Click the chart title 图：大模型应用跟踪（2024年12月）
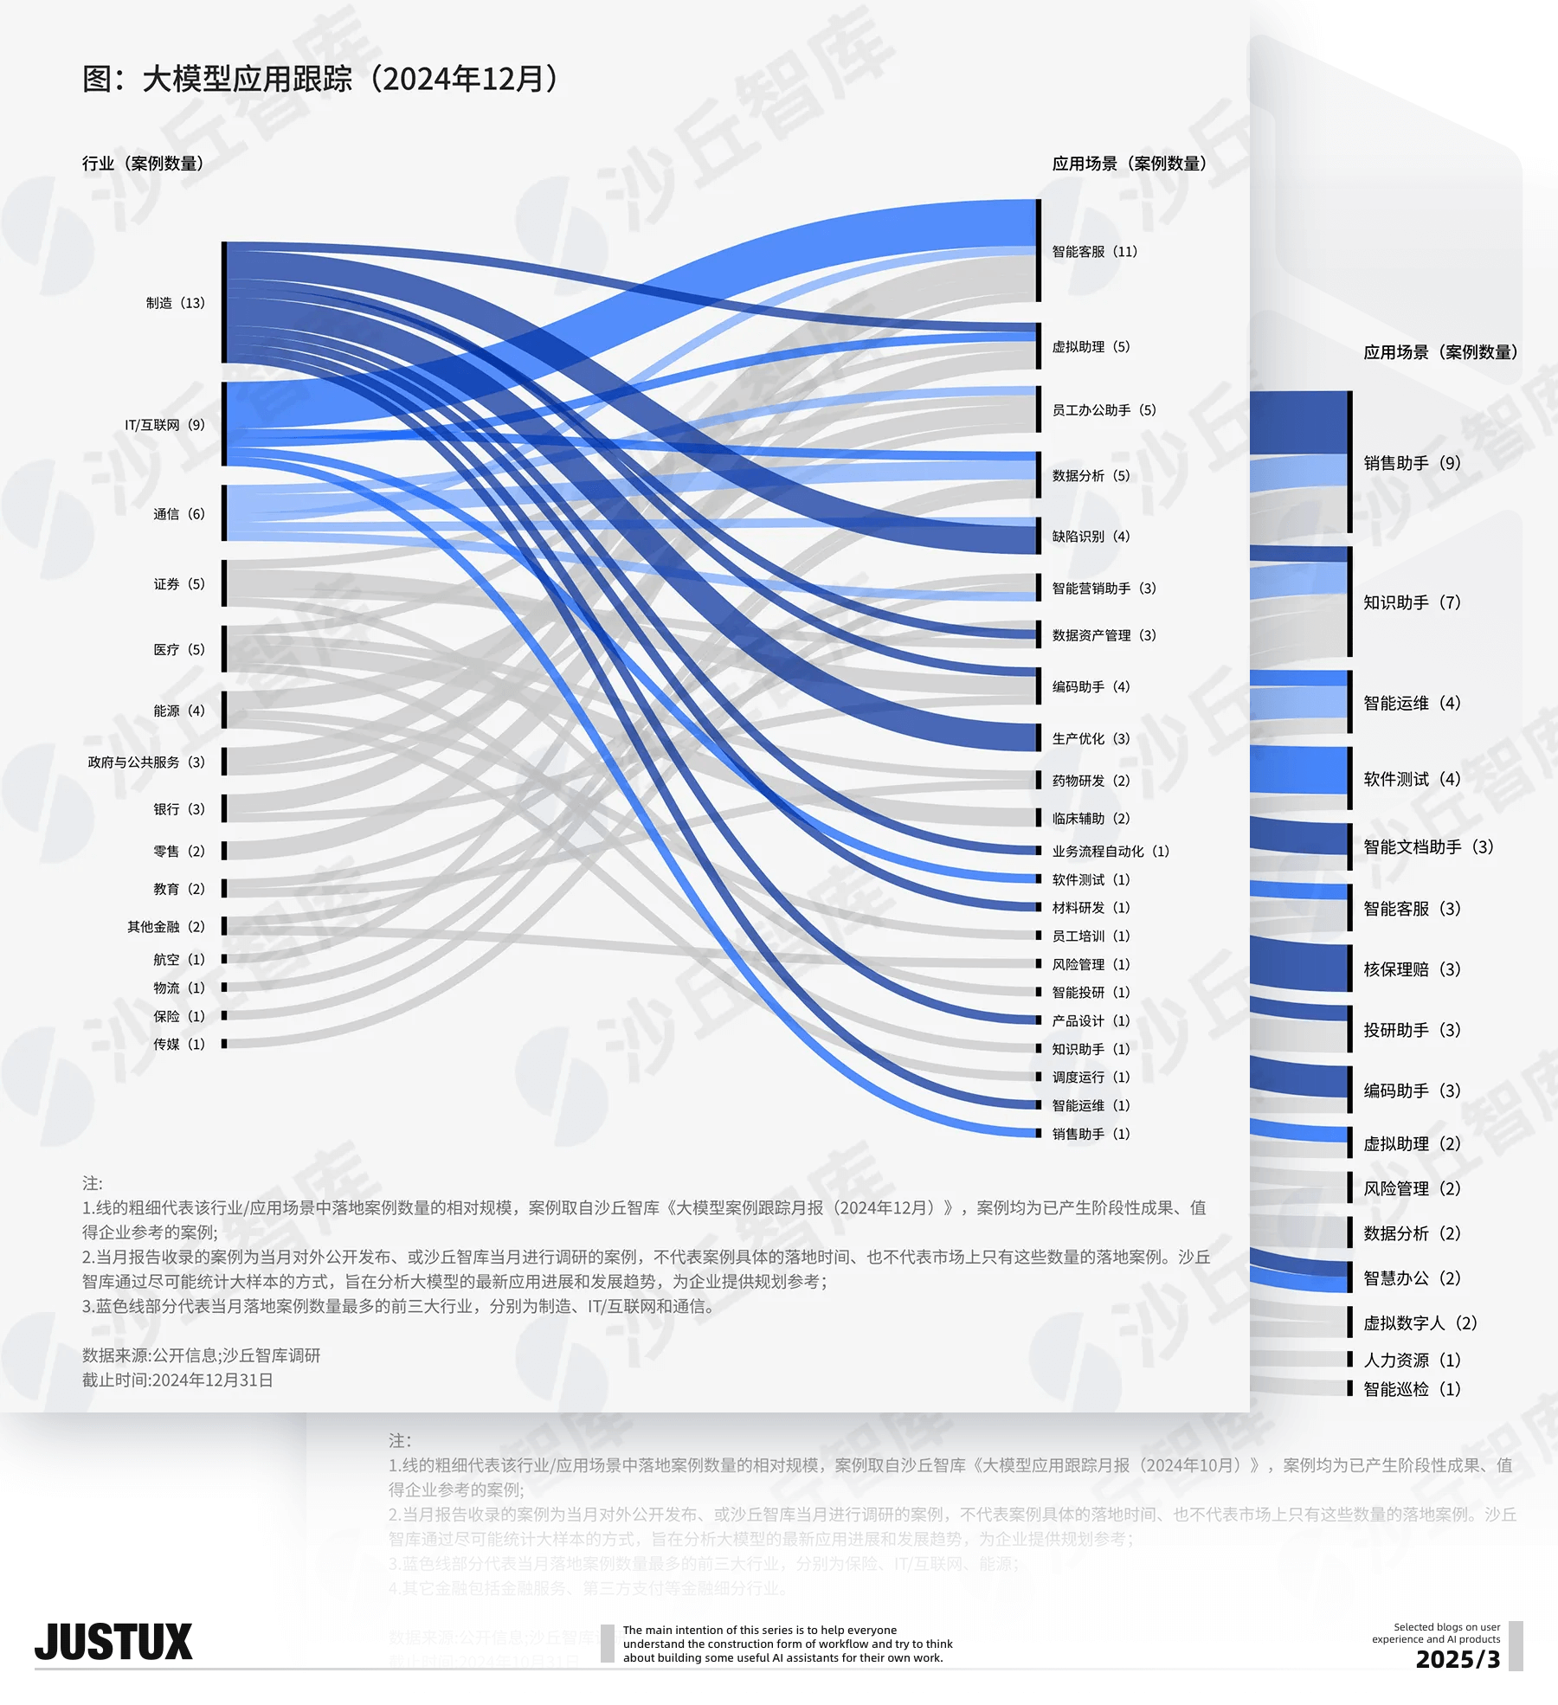[320, 79]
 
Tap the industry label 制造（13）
[176, 303]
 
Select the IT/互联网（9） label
[165, 425]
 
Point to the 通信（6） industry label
[179, 514]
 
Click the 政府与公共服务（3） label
[146, 762]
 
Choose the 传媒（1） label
[179, 1045]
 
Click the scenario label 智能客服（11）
[1095, 252]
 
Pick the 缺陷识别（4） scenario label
[1091, 537]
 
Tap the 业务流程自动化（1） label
[1111, 852]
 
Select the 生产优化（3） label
[1091, 739]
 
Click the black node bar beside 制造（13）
[224, 303]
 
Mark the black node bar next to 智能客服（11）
[1039, 251]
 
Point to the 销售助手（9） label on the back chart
[1412, 463]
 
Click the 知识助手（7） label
[1412, 602]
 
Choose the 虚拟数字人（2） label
[1420, 1323]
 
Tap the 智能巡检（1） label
[1412, 1389]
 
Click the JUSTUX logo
[113, 1643]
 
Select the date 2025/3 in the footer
[1458, 1659]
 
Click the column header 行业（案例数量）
[143, 164]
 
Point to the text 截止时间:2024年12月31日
[177, 1380]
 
